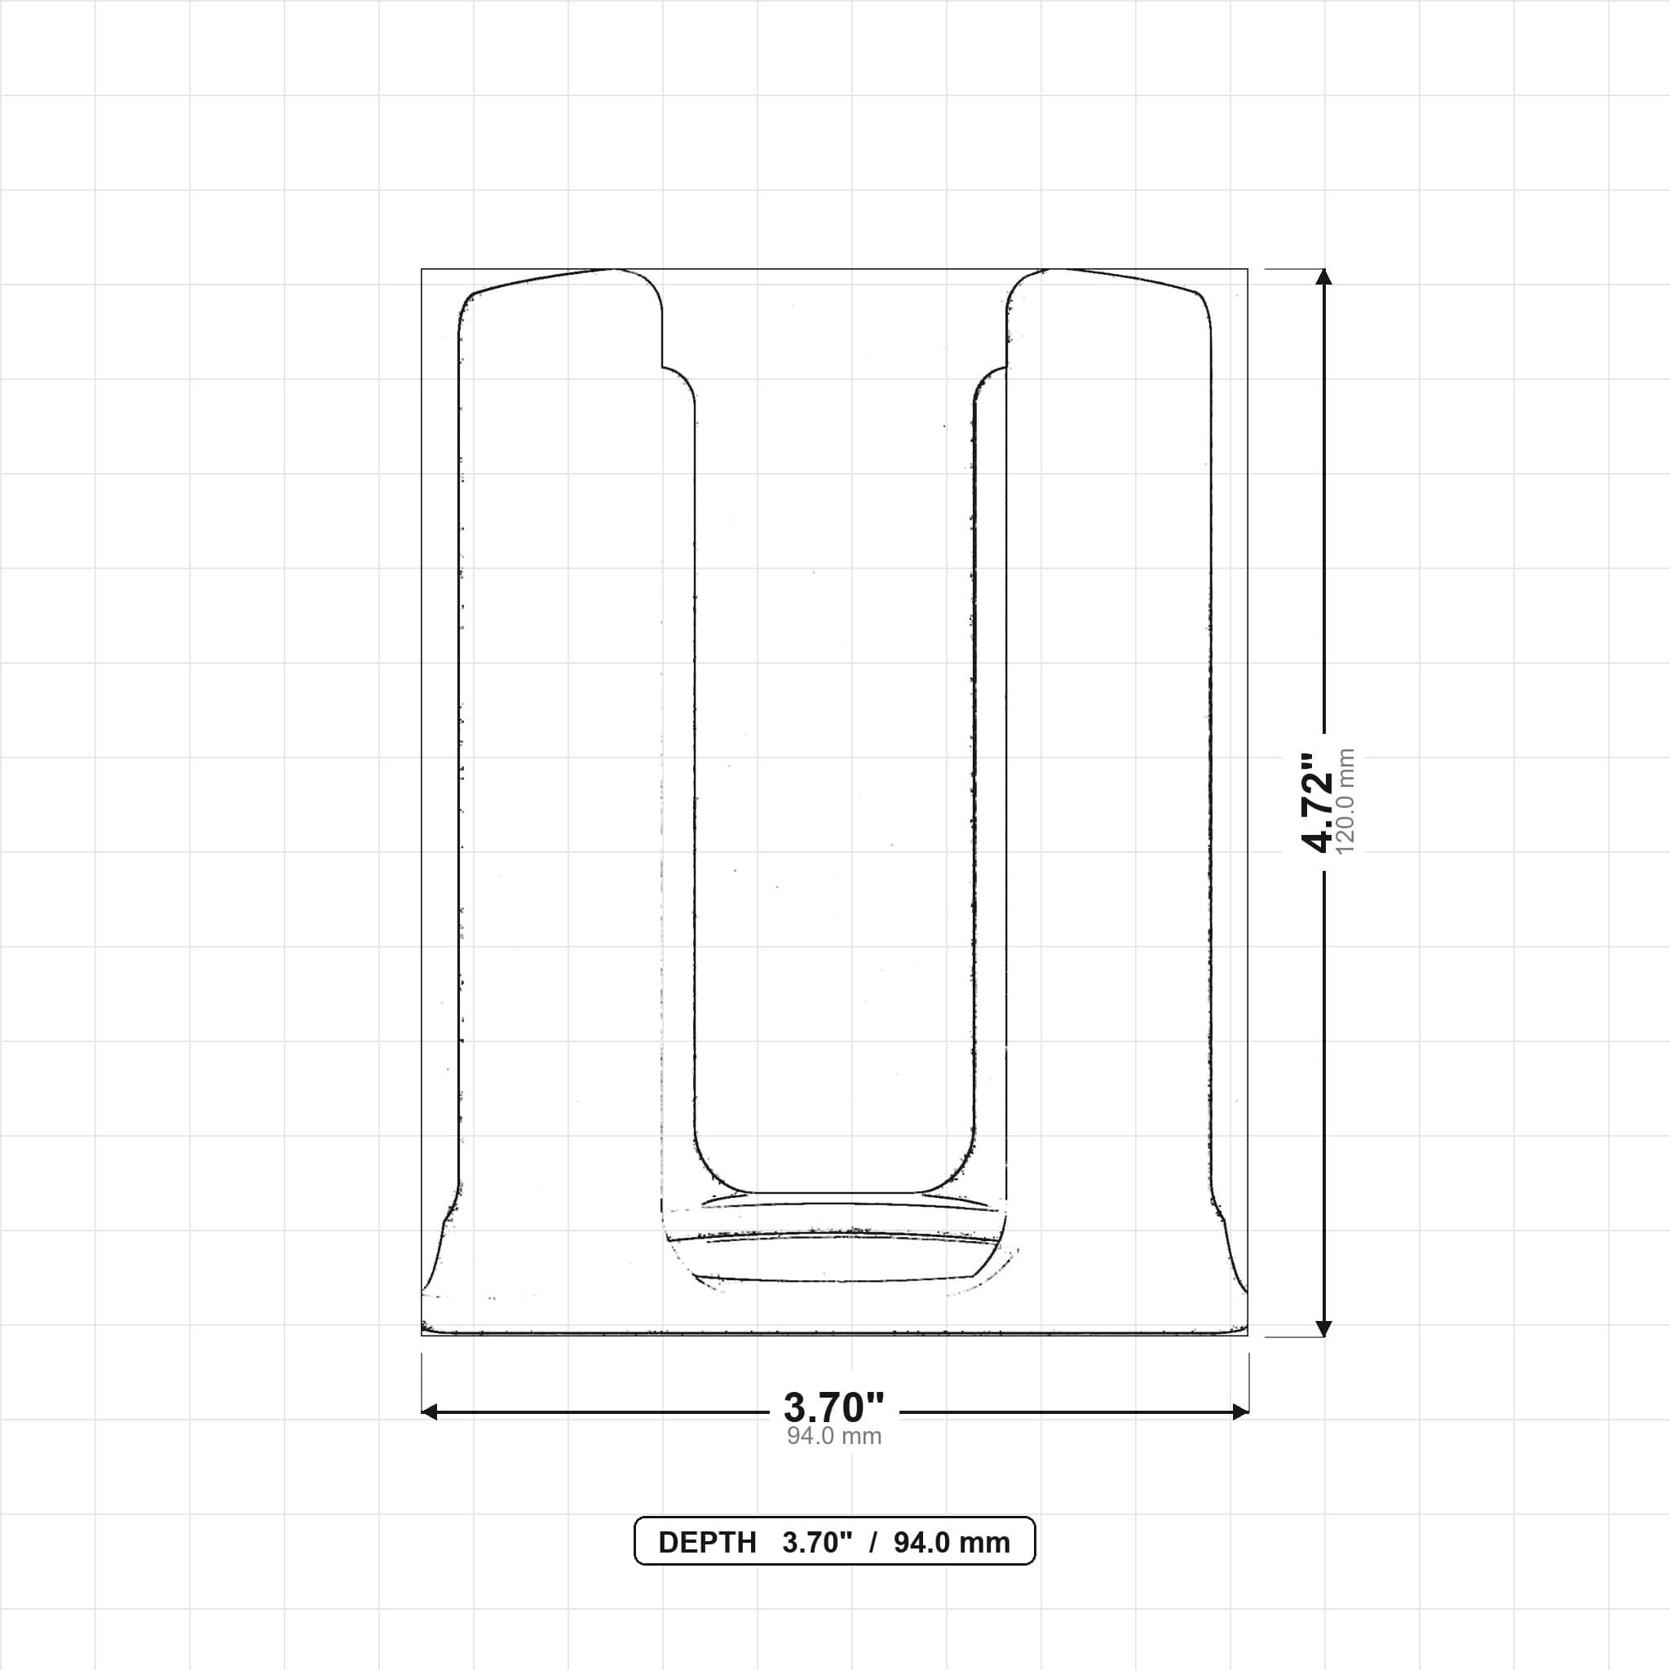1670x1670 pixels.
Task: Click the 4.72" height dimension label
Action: [1319, 803]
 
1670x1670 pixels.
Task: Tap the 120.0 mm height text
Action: [1345, 802]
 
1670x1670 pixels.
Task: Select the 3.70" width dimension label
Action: [834, 1408]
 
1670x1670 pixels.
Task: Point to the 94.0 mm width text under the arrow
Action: [834, 1436]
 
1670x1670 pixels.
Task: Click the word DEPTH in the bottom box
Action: [707, 1543]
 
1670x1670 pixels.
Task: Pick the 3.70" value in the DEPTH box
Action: [818, 1543]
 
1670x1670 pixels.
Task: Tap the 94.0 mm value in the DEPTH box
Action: [952, 1543]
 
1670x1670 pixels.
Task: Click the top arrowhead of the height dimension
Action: [1323, 276]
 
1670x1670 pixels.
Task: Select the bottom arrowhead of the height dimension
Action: [1323, 1328]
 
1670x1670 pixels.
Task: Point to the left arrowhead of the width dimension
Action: [430, 1412]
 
